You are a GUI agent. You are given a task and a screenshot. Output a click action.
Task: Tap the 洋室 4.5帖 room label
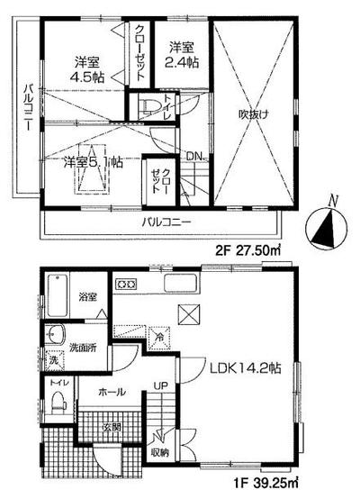coord(87,70)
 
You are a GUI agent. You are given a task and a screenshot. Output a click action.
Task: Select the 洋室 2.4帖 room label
coord(180,54)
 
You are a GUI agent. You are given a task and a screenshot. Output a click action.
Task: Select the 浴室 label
coord(87,295)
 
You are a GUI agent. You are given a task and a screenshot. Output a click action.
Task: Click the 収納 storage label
coord(159,453)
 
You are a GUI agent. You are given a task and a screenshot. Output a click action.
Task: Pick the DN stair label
coord(192,156)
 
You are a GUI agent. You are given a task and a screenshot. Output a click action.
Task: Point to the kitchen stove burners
coord(125,285)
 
